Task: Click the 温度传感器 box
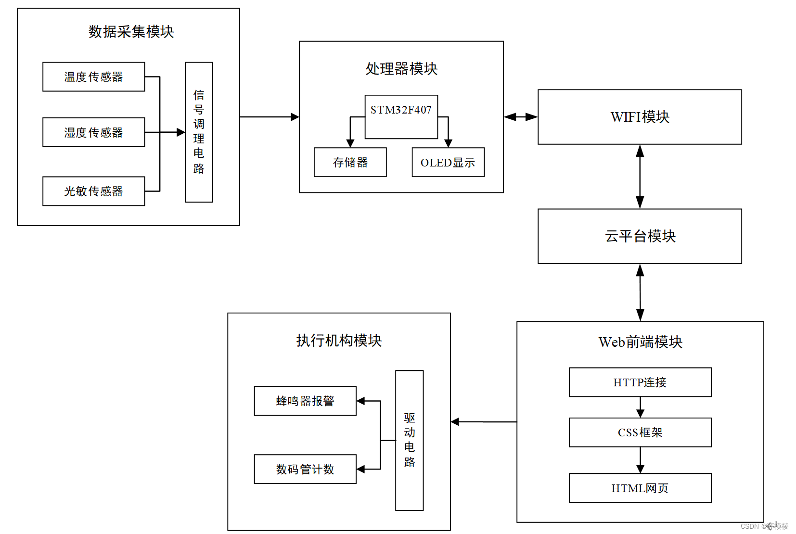pos(93,77)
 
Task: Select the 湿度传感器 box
pos(93,132)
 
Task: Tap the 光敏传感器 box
pos(93,191)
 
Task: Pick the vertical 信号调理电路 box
pos(199,132)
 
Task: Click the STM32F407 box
pos(401,117)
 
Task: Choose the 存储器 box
pos(350,163)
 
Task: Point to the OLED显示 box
pos(448,163)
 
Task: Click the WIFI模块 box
pos(640,117)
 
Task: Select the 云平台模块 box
pos(640,236)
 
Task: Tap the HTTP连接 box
pos(640,382)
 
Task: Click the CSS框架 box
pos(640,432)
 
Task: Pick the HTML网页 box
pos(640,488)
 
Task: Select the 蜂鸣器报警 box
pos(305,401)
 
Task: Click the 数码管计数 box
pos(305,469)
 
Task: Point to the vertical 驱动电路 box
pos(410,440)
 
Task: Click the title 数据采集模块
pos(131,32)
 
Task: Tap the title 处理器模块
pos(401,69)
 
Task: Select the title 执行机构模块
pos(339,341)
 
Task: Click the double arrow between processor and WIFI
pos(521,117)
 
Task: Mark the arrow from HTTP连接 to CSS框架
pos(641,407)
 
